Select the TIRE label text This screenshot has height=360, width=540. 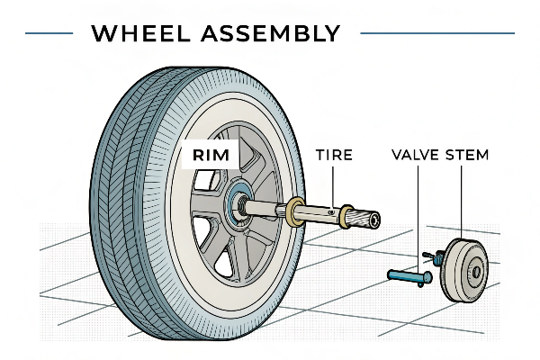point(333,155)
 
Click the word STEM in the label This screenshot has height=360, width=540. point(469,155)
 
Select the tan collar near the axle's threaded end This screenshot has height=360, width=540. point(345,217)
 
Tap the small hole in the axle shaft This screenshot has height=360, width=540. point(331,212)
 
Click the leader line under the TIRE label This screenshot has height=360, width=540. point(333,184)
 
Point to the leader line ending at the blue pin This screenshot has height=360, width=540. point(418,216)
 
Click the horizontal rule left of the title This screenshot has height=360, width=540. point(49,34)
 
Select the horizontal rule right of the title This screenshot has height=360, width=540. point(436,34)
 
